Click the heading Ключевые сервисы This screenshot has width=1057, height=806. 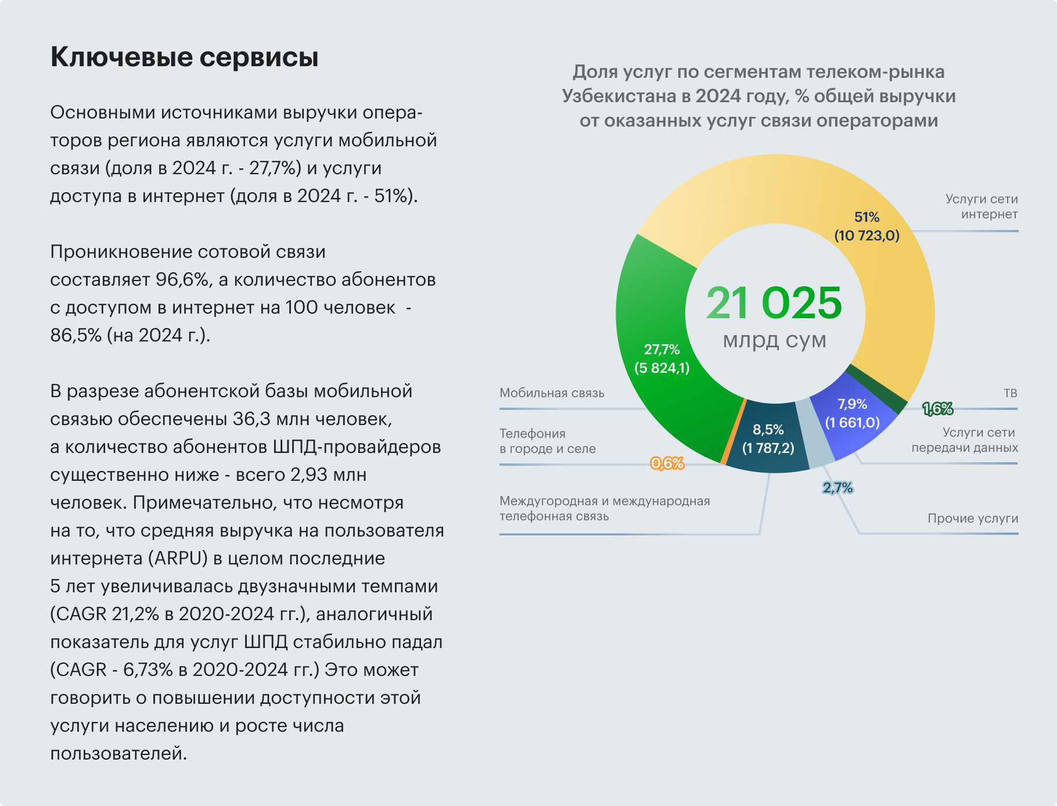[x=184, y=57]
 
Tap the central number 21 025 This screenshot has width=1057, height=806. [x=774, y=303]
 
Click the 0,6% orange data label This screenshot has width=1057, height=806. [x=667, y=463]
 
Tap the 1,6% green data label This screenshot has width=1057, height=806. [x=937, y=409]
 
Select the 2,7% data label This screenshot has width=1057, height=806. [x=837, y=488]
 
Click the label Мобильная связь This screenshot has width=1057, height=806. [x=552, y=393]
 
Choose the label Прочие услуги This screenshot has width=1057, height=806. [x=972, y=519]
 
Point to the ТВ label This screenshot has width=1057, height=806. [x=1010, y=393]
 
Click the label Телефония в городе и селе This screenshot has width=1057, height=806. [x=547, y=441]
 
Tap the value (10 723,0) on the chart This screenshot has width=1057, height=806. [x=867, y=235]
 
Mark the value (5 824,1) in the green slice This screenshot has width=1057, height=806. [x=661, y=368]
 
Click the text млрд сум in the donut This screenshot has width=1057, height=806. [x=774, y=340]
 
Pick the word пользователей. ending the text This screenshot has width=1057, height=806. [x=118, y=754]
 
